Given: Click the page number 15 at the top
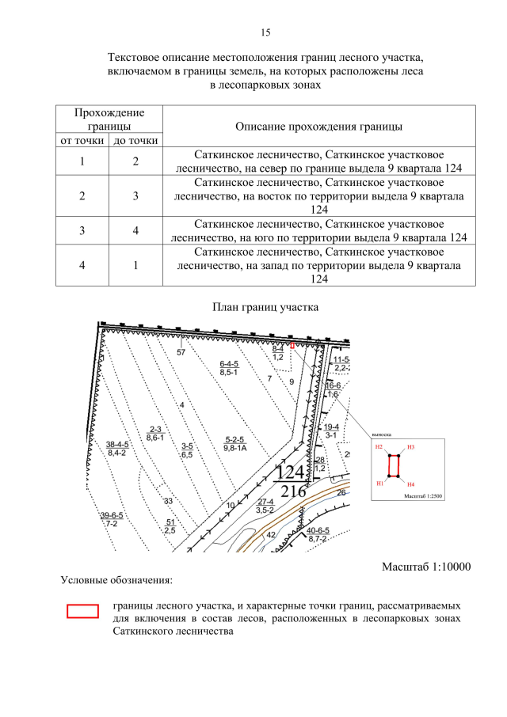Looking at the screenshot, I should [265, 32].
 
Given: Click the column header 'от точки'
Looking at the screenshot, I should [82, 141].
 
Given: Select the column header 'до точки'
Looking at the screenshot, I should [135, 141].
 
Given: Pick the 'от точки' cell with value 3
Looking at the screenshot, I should [82, 230].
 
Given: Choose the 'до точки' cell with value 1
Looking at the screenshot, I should [135, 265].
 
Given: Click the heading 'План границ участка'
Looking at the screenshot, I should [265, 307].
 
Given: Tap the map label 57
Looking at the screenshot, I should [181, 351].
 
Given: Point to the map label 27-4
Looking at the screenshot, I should [266, 502].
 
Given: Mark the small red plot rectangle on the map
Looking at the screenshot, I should [292, 346].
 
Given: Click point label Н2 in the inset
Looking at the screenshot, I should [379, 448].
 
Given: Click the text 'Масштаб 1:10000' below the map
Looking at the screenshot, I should [426, 567].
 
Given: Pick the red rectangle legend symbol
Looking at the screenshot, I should [82, 610].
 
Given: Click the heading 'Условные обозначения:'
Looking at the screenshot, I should [116, 580].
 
